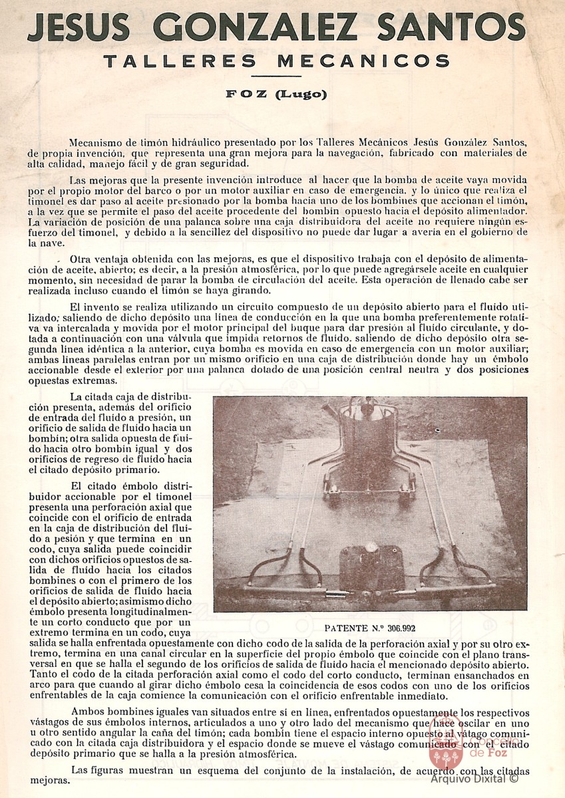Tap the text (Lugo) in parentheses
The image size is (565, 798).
pyautogui.click(x=301, y=94)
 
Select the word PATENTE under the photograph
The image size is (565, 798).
pyautogui.click(x=343, y=626)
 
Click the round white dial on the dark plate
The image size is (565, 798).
pyautogui.click(x=371, y=551)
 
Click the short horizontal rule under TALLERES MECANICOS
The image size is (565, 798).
pyautogui.click(x=282, y=77)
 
